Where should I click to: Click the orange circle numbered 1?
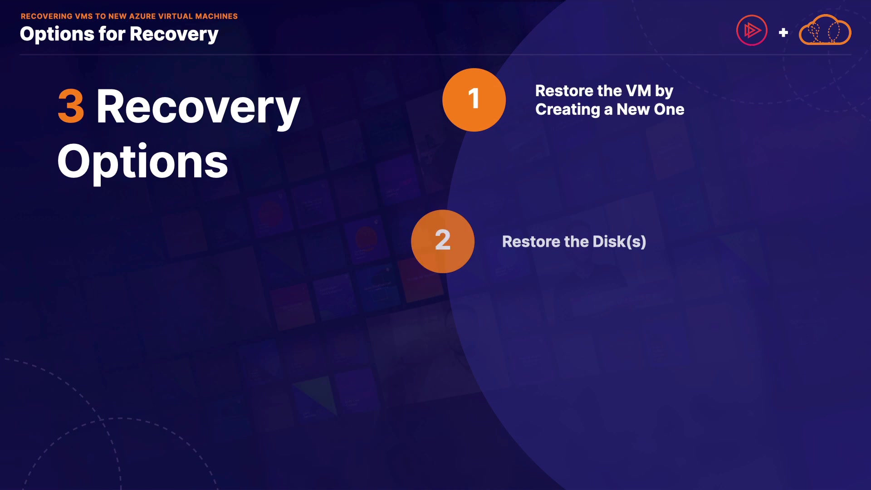tap(474, 100)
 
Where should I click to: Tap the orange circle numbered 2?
tap(443, 241)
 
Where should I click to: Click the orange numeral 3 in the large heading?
tap(71, 106)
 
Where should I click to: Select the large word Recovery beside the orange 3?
tap(198, 107)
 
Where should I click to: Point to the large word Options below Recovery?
tap(142, 162)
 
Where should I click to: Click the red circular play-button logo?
tap(752, 30)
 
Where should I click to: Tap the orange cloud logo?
tap(825, 30)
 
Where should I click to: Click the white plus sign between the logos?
tap(783, 33)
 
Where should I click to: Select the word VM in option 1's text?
tap(638, 91)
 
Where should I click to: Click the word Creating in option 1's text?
tap(568, 110)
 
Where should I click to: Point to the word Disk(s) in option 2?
tap(619, 242)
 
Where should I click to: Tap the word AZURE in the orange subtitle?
tap(142, 16)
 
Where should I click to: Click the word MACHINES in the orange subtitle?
tap(216, 16)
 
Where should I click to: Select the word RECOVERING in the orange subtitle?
tap(47, 16)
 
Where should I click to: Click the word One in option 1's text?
tap(669, 109)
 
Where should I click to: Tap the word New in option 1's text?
tap(633, 109)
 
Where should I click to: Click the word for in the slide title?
tap(112, 34)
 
